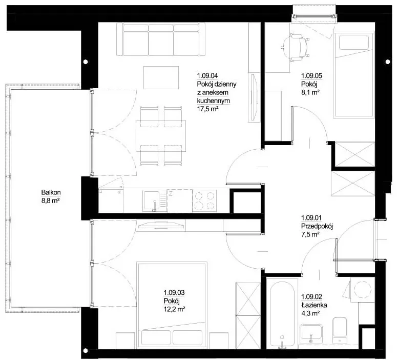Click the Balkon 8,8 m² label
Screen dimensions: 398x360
pos(51,196)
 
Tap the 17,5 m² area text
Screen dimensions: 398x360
pos(208,109)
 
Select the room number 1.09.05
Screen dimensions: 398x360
pos(312,75)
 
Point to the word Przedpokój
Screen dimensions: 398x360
pos(317,226)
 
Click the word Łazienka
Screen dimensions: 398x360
pos(314,305)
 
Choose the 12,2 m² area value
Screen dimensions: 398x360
pos(174,309)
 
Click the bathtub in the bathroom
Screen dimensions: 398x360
pos(282,313)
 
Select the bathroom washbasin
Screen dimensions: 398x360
pos(311,332)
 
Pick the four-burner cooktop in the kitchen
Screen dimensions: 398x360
pos(204,201)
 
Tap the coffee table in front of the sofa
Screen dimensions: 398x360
pos(161,77)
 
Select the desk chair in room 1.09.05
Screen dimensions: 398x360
pos(296,47)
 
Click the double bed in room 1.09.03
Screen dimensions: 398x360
pos(171,305)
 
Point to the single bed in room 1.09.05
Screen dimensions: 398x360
pos(354,75)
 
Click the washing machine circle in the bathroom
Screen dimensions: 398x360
pos(363,289)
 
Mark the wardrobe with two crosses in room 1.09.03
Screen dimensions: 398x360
pos(248,315)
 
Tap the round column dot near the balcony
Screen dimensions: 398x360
pos(86,62)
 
